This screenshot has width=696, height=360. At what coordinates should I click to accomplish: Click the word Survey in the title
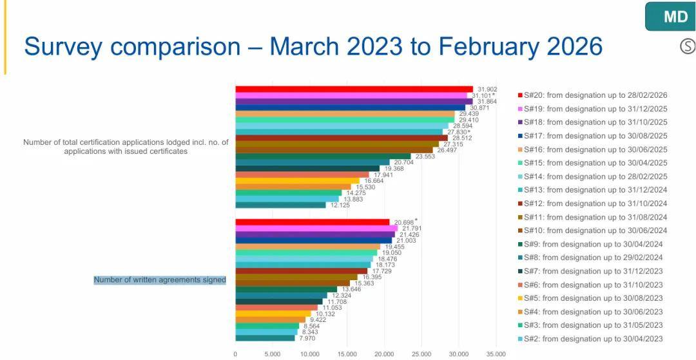(63, 46)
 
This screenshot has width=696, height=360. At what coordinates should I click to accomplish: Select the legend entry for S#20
(592, 95)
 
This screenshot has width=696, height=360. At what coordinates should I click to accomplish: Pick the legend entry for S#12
(592, 204)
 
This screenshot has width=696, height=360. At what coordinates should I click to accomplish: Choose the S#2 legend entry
(590, 339)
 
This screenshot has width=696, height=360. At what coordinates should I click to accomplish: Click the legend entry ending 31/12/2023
(590, 271)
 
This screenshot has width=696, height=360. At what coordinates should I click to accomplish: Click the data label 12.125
(340, 205)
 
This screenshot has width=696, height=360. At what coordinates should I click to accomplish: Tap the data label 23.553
(425, 156)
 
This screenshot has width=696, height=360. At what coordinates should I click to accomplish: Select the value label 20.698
(404, 222)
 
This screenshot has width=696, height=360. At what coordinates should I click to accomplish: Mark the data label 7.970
(306, 338)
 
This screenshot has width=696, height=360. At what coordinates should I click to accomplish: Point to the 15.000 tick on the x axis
(347, 354)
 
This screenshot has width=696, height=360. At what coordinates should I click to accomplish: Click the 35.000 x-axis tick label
(496, 354)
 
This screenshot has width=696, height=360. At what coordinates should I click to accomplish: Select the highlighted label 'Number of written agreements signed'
(160, 279)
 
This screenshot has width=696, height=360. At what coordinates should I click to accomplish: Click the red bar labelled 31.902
(354, 89)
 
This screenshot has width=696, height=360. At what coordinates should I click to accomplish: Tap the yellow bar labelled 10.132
(273, 314)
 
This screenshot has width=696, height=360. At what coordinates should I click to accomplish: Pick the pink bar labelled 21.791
(316, 229)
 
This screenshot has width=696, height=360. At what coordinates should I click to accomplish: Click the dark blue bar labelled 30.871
(350, 108)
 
